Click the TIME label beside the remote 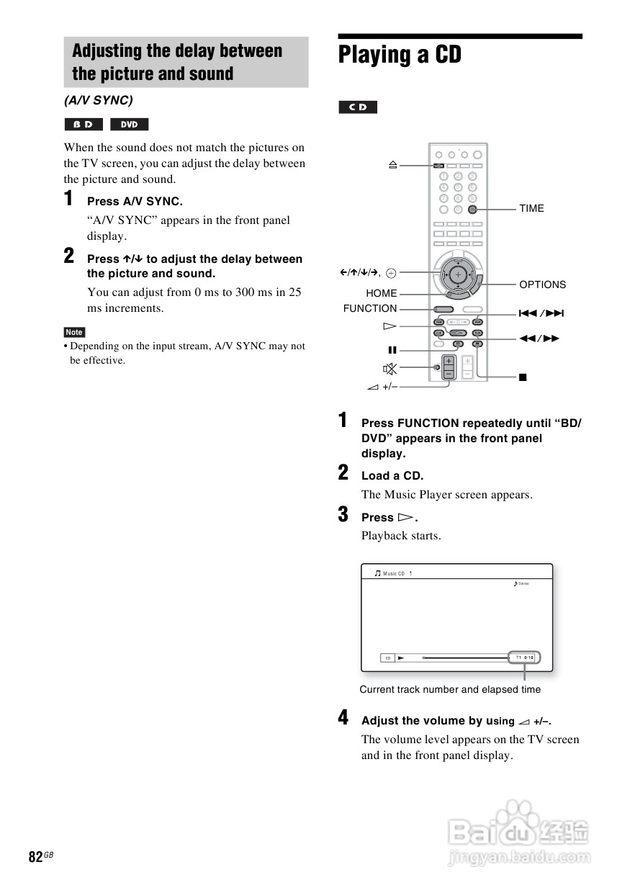[531, 209]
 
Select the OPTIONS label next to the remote [542, 284]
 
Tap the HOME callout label [381, 293]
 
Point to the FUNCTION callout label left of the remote [370, 308]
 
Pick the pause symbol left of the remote [392, 350]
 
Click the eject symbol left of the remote [392, 165]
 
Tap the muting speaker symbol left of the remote [390, 369]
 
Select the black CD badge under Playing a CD [358, 107]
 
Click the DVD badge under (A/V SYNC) [130, 125]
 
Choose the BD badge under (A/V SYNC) [84, 125]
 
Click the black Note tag [74, 332]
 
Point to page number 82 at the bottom [35, 856]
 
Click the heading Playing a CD [400, 55]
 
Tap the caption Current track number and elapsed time [450, 689]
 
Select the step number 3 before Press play [343, 515]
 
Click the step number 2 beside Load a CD [343, 473]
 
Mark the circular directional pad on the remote [457, 274]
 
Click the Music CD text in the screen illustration [394, 574]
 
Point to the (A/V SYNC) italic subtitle [99, 100]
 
